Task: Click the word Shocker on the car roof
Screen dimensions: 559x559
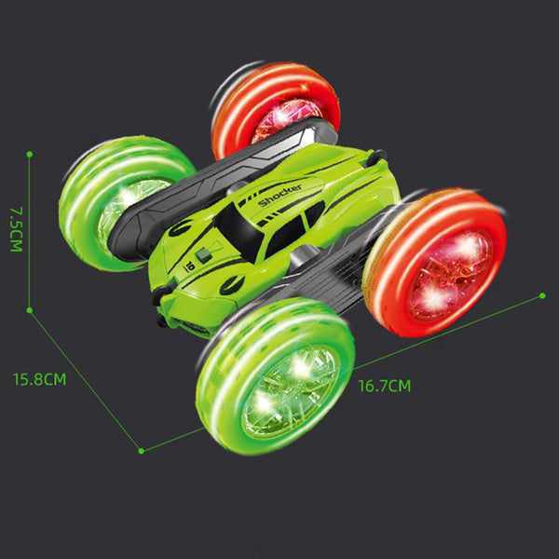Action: pyautogui.click(x=279, y=195)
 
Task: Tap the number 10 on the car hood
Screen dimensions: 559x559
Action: pyautogui.click(x=188, y=266)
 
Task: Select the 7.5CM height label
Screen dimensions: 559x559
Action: pyautogui.click(x=16, y=229)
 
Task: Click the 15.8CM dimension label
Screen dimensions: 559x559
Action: pyautogui.click(x=39, y=379)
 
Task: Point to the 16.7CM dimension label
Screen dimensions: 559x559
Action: pyautogui.click(x=384, y=386)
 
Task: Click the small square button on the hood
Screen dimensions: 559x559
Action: pyautogui.click(x=203, y=255)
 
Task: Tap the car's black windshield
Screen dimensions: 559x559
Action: pyautogui.click(x=237, y=232)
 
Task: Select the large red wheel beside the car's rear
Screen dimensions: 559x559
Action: pyautogui.click(x=435, y=263)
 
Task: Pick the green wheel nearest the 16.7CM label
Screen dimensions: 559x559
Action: pyautogui.click(x=275, y=377)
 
